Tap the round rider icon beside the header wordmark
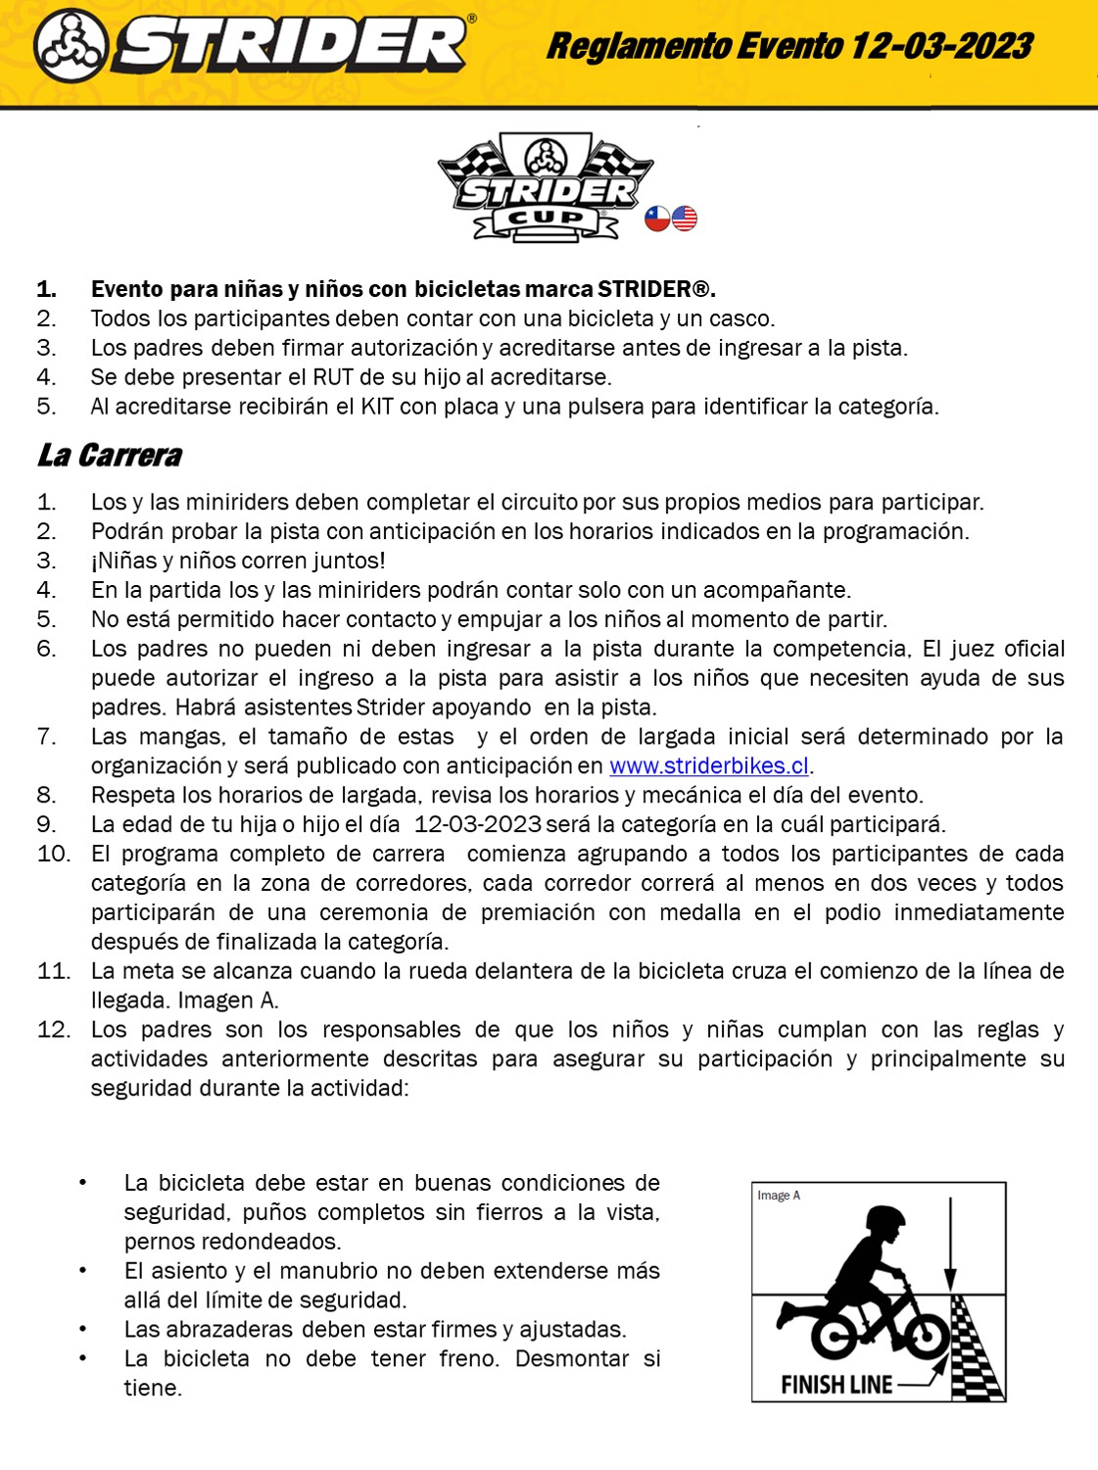(x=70, y=46)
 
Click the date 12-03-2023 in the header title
(x=940, y=46)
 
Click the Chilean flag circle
(x=657, y=219)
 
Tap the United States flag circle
(x=685, y=219)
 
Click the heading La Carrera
(x=110, y=456)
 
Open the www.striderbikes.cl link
(x=709, y=765)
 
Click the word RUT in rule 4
(x=333, y=377)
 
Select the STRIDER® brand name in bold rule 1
(x=654, y=289)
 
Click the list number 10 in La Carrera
(x=54, y=854)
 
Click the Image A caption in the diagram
(x=779, y=1196)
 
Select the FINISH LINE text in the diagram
(x=836, y=1385)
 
